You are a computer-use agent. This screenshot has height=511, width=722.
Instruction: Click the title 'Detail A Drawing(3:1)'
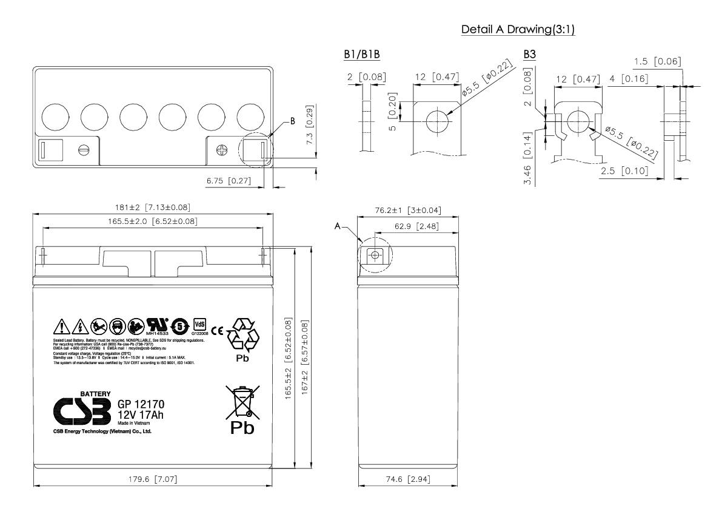(518, 30)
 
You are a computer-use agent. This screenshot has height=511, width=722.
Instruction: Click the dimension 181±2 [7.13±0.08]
(153, 208)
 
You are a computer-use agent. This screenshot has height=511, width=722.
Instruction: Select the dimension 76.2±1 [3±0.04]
(407, 211)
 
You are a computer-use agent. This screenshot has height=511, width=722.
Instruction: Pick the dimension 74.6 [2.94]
(407, 479)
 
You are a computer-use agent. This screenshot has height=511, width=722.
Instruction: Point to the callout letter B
(293, 121)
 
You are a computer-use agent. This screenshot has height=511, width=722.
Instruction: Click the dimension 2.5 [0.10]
(623, 171)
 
